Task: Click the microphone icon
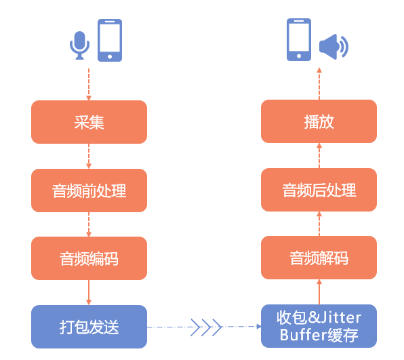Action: point(79,45)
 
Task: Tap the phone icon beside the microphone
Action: point(110,40)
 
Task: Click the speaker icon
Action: point(334,47)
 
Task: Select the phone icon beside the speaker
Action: point(299,39)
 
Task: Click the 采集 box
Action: point(89,122)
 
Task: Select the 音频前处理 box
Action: point(89,191)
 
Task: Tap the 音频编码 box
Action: point(89,258)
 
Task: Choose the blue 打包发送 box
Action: point(89,327)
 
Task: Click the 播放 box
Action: point(319,121)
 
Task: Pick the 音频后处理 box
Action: point(319,190)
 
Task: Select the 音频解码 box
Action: point(319,258)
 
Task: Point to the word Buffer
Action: point(300,335)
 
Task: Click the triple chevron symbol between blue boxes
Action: point(206,327)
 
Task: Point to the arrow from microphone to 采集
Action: point(89,85)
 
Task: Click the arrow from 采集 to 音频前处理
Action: point(89,156)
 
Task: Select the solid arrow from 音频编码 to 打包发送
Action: point(89,292)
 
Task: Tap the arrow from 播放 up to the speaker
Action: point(319,83)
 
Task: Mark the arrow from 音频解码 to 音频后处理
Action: point(319,224)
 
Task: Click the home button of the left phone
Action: point(110,57)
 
